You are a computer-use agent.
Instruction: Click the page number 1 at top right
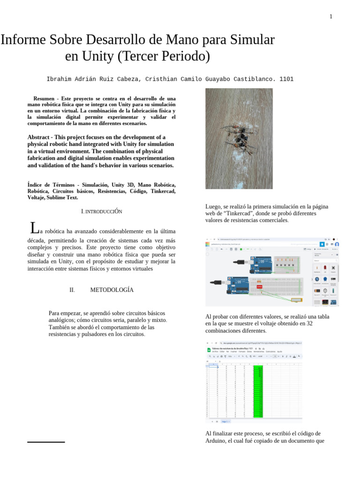331,17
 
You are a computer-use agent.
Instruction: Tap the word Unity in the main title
97,57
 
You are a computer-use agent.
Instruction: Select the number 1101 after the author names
286,79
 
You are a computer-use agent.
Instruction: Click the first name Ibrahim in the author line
60,79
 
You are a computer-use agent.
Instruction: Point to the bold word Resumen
44,99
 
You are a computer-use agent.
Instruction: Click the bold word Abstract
42,137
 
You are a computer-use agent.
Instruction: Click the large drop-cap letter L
34,228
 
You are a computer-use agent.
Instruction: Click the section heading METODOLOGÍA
112,290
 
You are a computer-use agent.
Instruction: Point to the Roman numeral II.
72,290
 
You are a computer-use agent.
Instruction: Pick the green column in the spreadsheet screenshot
258,391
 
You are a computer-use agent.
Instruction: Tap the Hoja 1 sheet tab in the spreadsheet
225,421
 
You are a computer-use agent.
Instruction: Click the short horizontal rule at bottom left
46,442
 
